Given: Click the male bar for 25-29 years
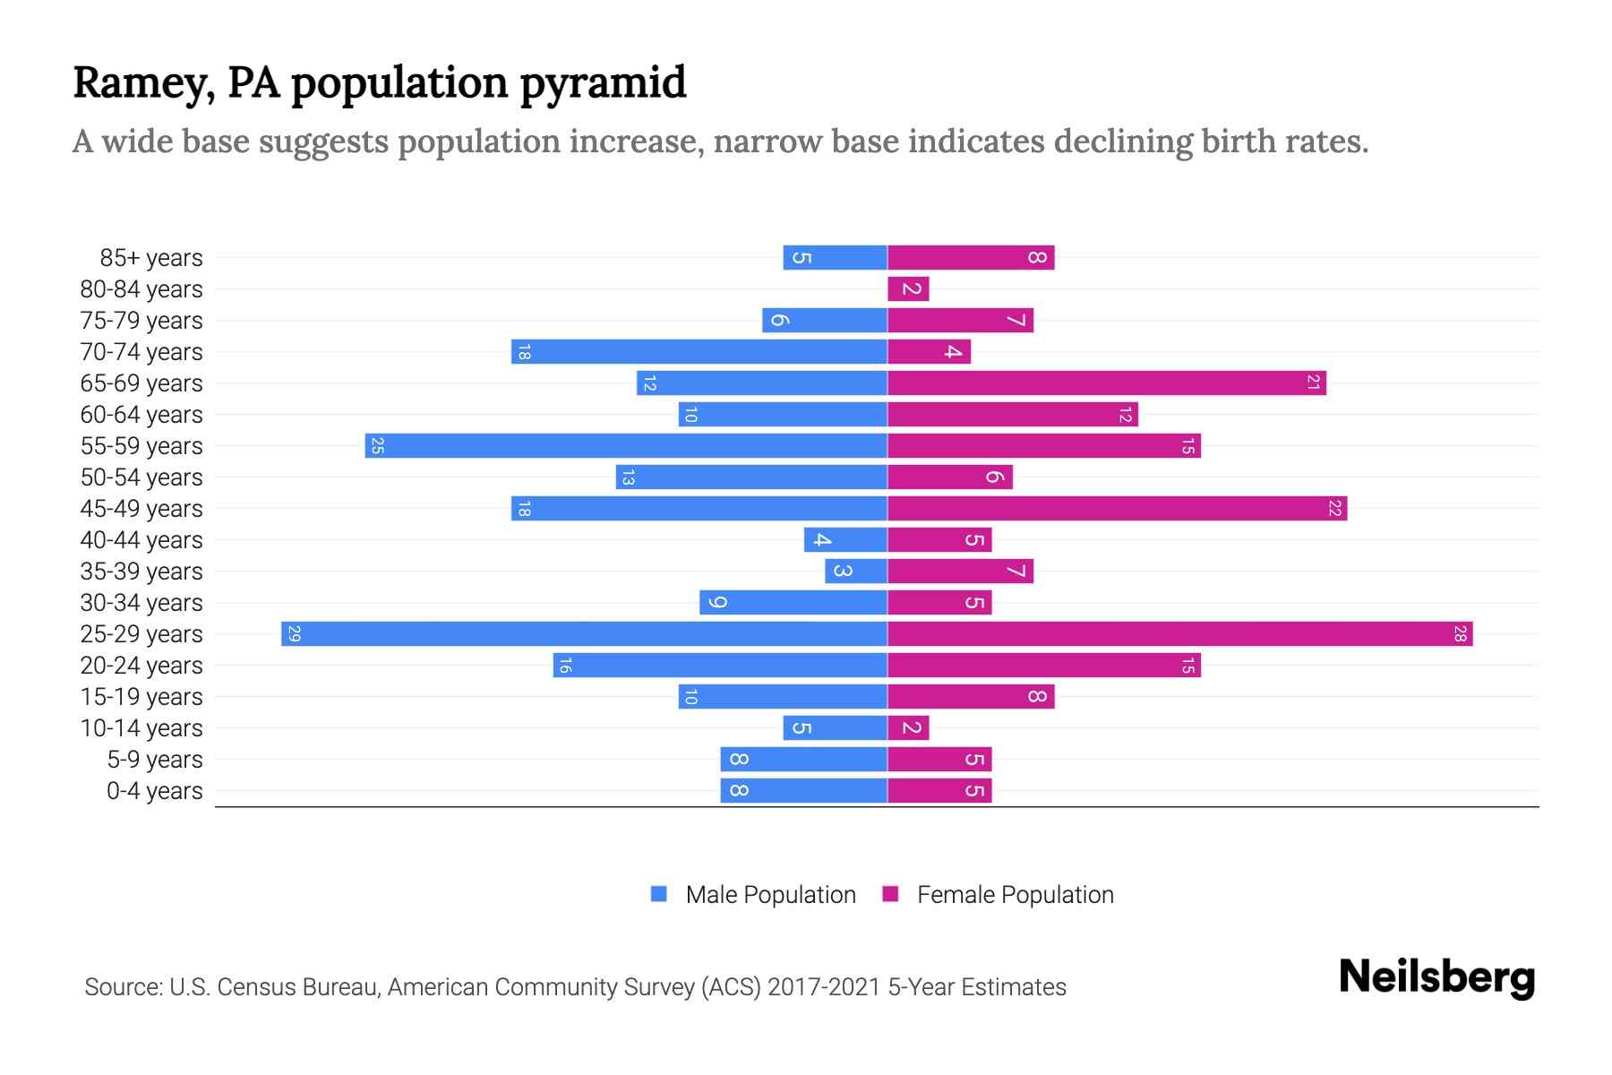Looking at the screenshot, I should pos(584,634).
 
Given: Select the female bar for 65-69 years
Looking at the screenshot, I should pos(1106,383).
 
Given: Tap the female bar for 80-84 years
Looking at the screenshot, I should pos(908,289).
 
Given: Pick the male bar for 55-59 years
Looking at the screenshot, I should pos(626,446).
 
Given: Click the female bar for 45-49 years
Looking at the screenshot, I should pos(1117,509).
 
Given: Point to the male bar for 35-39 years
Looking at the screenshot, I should pos(856,572).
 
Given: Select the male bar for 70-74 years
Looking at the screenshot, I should pos(699,352).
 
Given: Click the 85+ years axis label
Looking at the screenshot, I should pos(150,258).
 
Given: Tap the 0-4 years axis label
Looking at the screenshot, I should pos(154,791).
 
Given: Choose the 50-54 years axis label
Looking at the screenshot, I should pos(141,477).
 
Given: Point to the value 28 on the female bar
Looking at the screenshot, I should pos(1460,634).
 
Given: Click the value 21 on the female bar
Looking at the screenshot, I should pos(1313,383).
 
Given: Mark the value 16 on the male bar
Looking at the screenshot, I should pos(565,666).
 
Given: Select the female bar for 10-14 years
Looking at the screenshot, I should pos(908,728).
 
